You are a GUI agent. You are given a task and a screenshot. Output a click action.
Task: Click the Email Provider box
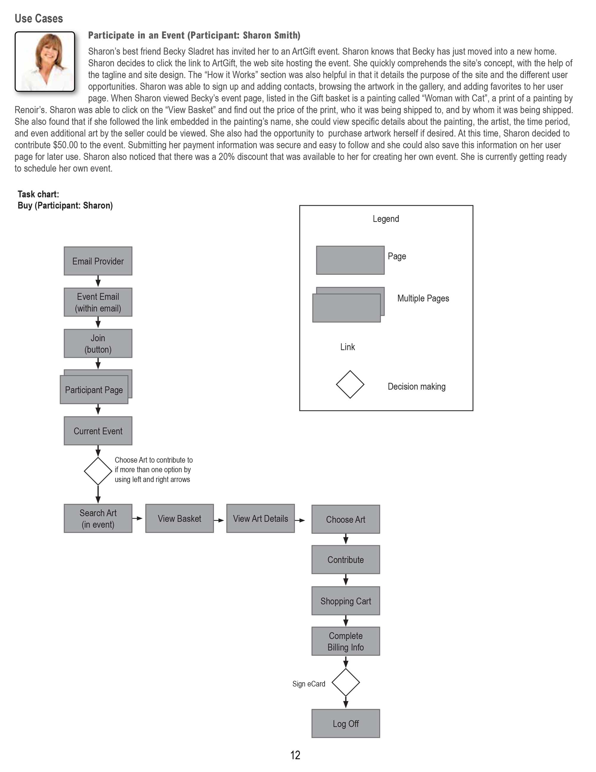[98, 261]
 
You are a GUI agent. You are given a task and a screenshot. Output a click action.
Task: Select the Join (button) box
[98, 343]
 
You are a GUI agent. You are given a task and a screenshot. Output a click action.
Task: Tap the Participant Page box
[94, 389]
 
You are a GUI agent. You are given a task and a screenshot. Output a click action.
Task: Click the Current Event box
[98, 430]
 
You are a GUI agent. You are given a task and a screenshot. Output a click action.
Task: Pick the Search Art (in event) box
[98, 518]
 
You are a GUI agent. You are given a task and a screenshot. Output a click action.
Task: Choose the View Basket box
[179, 518]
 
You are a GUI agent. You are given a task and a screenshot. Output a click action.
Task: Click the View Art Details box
[260, 518]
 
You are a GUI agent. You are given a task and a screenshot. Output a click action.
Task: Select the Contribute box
[345, 560]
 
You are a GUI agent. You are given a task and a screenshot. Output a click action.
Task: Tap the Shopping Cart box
[345, 601]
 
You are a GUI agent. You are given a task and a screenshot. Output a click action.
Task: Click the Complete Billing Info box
[345, 641]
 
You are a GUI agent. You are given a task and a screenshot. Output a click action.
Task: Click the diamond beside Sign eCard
[346, 682]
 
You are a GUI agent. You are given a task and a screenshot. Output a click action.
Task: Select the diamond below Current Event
[98, 471]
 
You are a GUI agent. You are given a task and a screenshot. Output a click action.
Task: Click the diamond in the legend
[350, 384]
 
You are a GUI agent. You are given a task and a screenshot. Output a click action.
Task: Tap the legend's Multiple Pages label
[423, 298]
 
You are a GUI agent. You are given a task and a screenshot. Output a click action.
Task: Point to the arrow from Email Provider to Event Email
[98, 281]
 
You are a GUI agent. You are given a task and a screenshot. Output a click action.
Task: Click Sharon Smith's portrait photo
[45, 61]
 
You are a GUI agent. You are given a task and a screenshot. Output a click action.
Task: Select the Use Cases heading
[39, 18]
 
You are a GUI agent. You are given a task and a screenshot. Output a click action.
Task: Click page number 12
[295, 755]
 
